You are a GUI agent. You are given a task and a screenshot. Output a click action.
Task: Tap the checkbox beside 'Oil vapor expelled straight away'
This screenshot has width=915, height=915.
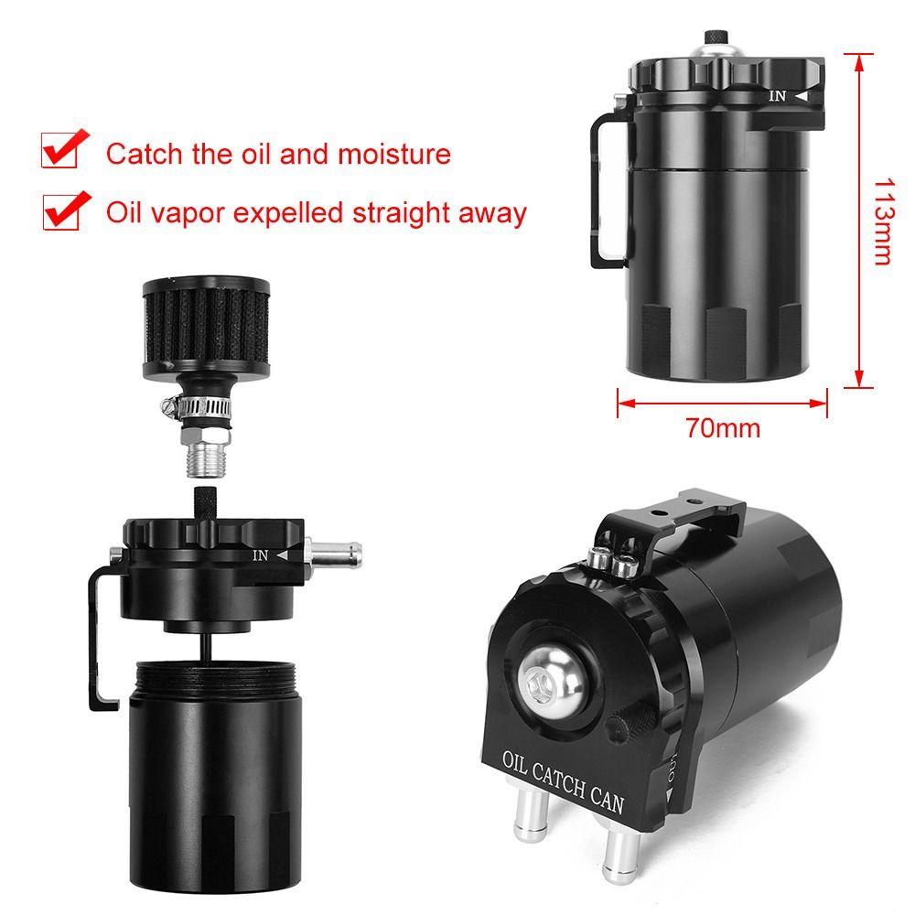[63, 211]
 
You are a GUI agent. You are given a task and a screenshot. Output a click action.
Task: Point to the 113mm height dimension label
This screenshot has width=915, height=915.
[881, 220]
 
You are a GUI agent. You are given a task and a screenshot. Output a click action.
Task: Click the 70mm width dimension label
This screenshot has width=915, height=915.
[723, 427]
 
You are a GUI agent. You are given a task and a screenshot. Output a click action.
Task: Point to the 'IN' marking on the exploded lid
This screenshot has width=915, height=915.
[261, 554]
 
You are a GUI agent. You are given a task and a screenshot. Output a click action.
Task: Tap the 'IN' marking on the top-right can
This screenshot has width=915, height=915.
[778, 95]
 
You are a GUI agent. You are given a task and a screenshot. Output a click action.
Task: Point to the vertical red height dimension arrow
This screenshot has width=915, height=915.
[858, 220]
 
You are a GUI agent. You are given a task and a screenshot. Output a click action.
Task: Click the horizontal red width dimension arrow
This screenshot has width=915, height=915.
[723, 400]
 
